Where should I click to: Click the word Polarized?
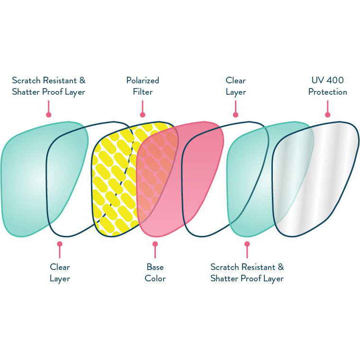point(143,81)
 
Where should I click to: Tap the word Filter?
point(143,92)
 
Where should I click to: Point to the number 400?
point(335,81)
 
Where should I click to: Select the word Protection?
point(327,92)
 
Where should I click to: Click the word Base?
point(155,267)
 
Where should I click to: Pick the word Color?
point(155,279)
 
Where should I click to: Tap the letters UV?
point(317,81)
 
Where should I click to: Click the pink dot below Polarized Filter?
point(143,115)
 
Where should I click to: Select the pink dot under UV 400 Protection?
point(327,115)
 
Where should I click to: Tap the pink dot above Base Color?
point(155,244)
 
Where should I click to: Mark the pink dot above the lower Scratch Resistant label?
point(247,244)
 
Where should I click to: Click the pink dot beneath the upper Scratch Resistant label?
point(48,115)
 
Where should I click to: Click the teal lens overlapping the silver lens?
point(246,180)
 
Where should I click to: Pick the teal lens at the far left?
point(24,180)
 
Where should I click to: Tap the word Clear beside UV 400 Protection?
point(235,81)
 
